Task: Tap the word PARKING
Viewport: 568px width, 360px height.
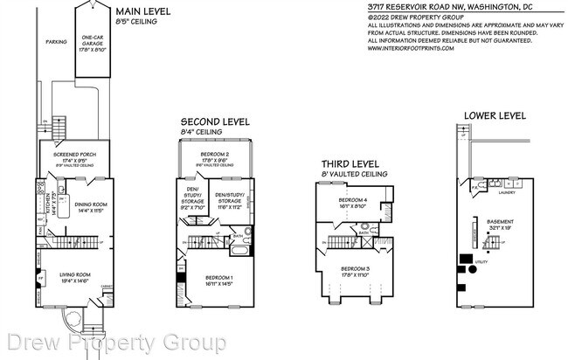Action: coord(56,40)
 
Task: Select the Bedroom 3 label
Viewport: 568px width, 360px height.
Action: coord(357,271)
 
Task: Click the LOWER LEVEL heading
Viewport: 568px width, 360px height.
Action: coord(494,114)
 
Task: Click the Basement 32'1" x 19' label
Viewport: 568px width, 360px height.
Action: coord(500,224)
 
